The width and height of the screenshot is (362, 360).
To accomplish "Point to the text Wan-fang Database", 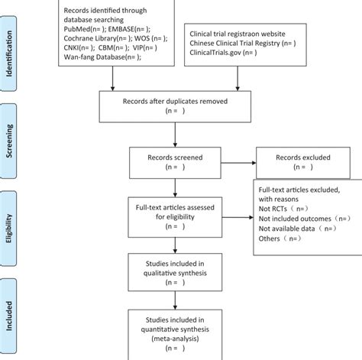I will pyautogui.click(x=91, y=57).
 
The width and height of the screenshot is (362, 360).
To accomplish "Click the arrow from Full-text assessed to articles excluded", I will pyautogui.click(x=234, y=218).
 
